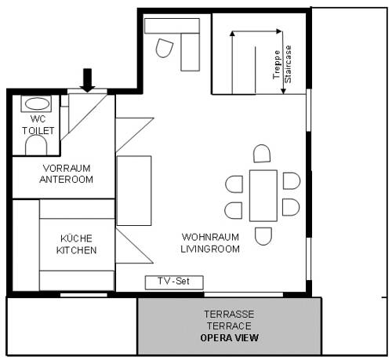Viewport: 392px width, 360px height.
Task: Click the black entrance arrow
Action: click(x=88, y=78)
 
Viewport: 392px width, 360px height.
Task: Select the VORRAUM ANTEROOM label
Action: click(x=67, y=174)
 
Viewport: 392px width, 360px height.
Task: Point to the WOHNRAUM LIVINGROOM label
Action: click(x=211, y=242)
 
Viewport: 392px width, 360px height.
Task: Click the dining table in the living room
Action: click(x=263, y=195)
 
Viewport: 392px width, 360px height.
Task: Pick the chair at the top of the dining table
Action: click(x=263, y=154)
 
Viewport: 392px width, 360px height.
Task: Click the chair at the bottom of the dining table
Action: click(x=263, y=235)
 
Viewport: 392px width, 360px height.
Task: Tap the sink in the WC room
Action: click(x=36, y=104)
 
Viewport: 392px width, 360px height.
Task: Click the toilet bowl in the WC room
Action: click(x=36, y=146)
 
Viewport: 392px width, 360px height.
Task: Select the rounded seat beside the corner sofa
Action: click(x=165, y=49)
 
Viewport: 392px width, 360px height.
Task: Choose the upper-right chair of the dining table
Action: click(x=292, y=181)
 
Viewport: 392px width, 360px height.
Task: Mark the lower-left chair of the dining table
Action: click(x=234, y=210)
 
